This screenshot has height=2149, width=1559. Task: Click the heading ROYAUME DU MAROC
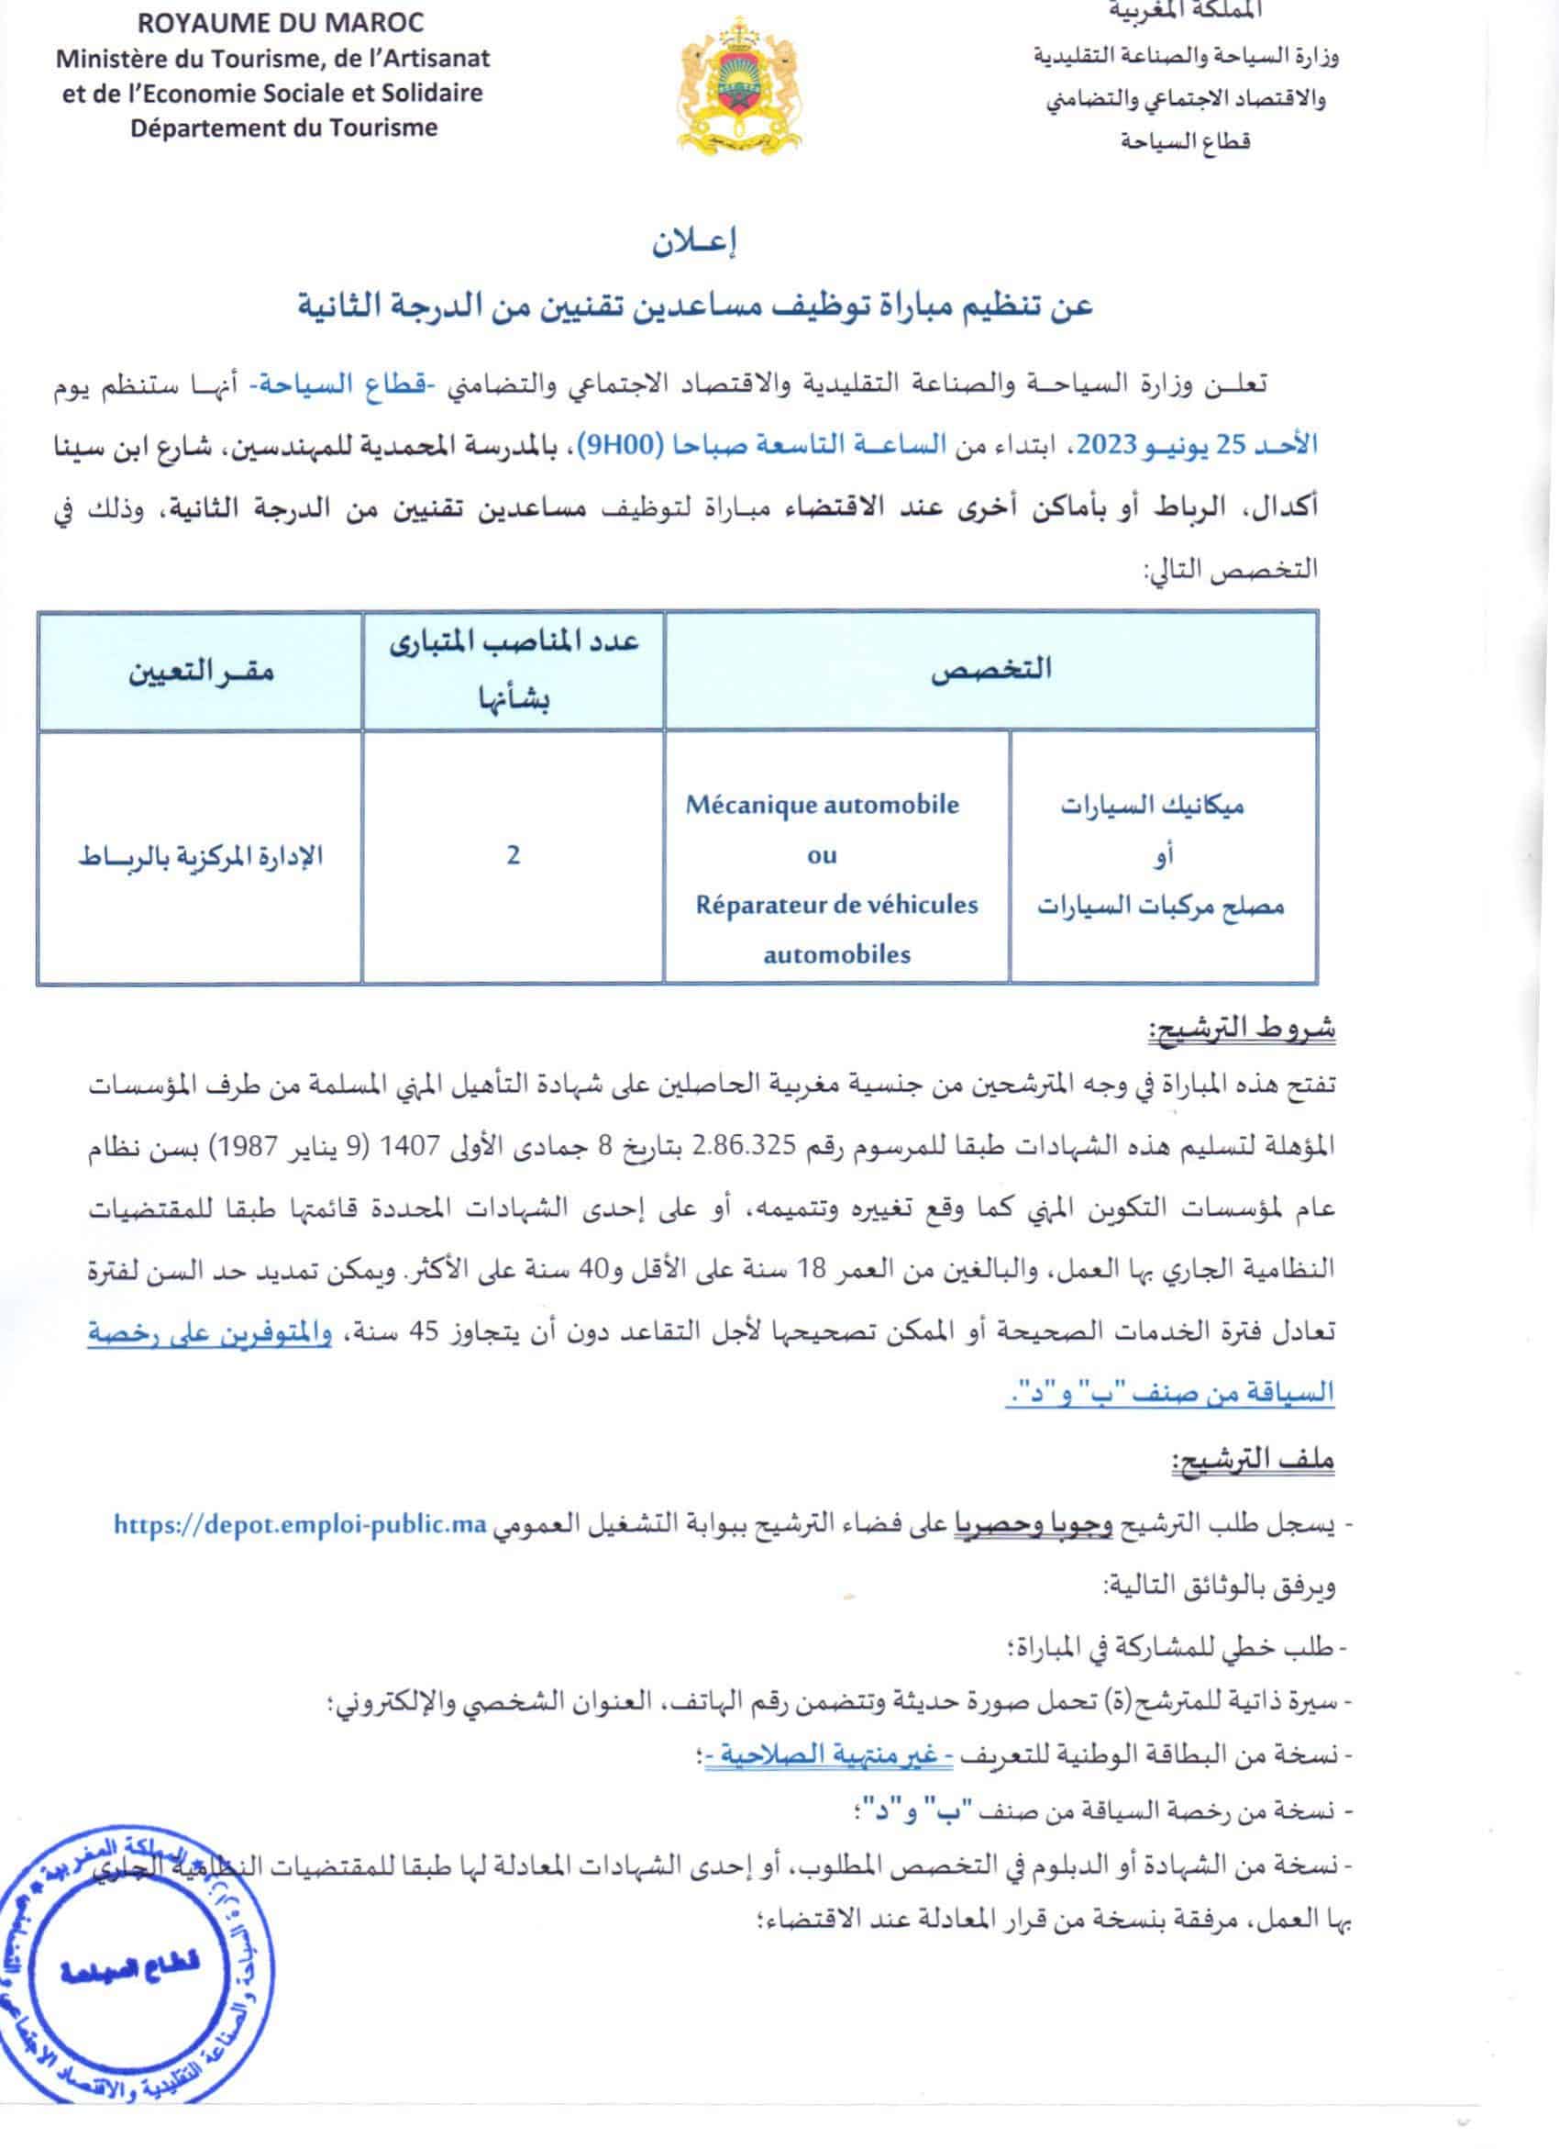click(x=281, y=22)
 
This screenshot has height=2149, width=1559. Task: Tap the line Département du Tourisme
click(x=284, y=128)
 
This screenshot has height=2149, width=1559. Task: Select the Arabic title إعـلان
click(x=695, y=242)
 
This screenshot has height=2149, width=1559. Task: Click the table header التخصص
click(x=990, y=669)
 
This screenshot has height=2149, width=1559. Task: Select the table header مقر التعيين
click(x=202, y=672)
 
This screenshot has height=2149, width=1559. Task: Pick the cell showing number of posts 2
click(x=514, y=855)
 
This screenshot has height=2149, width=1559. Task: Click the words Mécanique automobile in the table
click(x=822, y=806)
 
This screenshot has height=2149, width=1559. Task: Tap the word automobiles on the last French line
click(x=836, y=954)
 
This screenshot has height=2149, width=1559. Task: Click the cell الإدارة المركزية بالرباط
click(x=200, y=856)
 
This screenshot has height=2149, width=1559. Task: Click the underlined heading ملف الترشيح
click(x=1252, y=1460)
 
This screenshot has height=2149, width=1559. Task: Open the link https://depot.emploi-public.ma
click(x=299, y=1524)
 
